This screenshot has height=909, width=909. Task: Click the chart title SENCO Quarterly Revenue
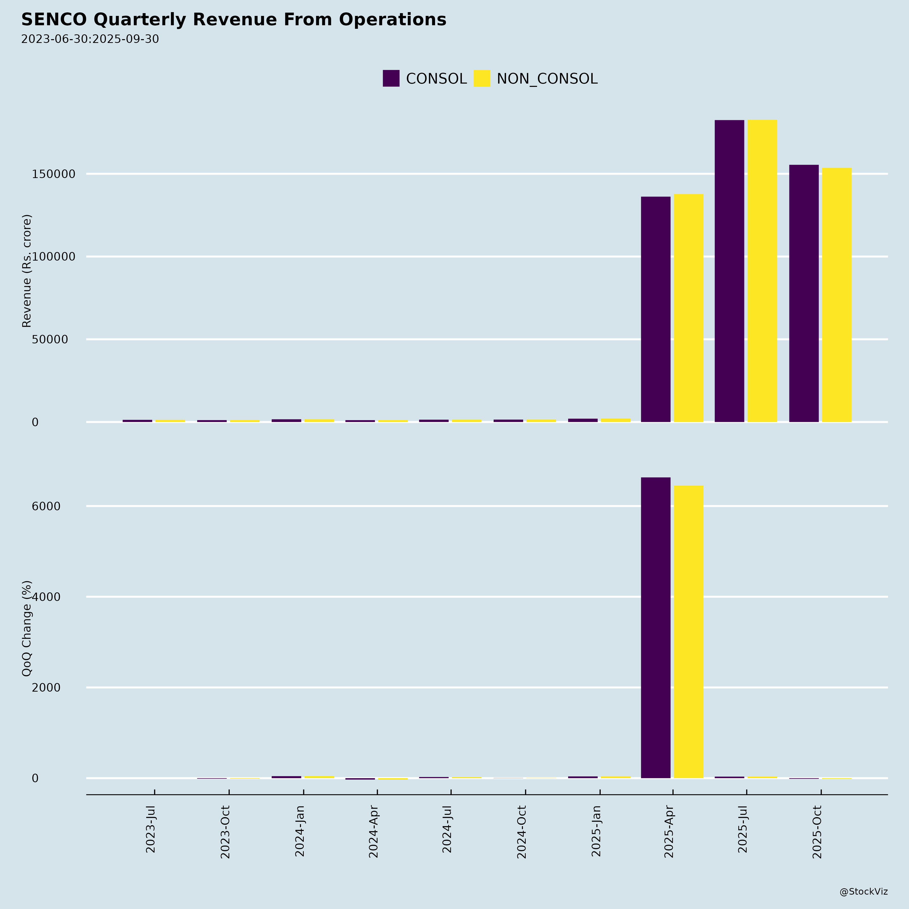point(233,20)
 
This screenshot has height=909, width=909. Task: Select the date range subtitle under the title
point(90,39)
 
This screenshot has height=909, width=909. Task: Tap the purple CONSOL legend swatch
point(391,79)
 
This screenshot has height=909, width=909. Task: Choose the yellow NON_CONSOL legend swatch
point(481,79)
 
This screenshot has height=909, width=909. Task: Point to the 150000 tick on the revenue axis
point(54,174)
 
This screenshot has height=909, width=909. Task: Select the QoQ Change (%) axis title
point(27,628)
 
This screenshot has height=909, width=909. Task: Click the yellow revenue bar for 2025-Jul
point(762,271)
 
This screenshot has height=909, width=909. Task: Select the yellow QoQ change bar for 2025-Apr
point(688,632)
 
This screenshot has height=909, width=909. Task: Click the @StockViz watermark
point(863,892)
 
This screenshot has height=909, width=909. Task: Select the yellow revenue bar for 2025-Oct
point(837,295)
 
